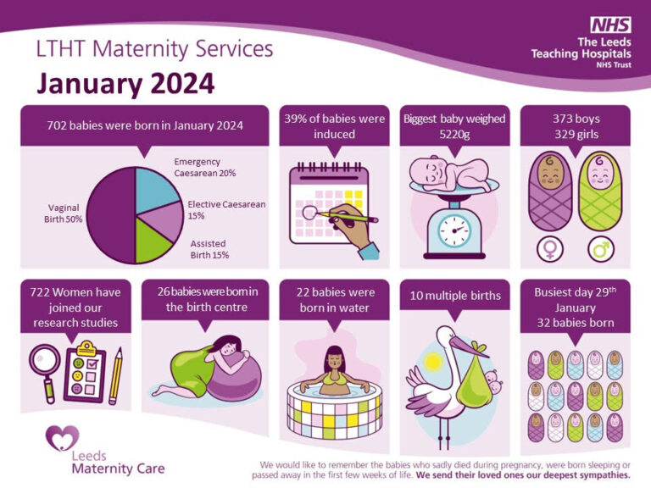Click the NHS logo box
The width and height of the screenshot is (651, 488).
tap(611, 24)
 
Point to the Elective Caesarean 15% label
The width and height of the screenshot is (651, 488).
tap(225, 210)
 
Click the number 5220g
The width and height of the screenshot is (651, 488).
tap(454, 135)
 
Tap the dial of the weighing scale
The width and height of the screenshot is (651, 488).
tap(454, 228)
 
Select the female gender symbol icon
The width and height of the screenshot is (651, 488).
tap(550, 249)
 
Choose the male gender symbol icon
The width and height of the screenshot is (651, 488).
tap(601, 249)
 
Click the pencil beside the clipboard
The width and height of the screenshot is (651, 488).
tap(114, 373)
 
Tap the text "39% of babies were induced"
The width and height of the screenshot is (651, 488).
tap(334, 126)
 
